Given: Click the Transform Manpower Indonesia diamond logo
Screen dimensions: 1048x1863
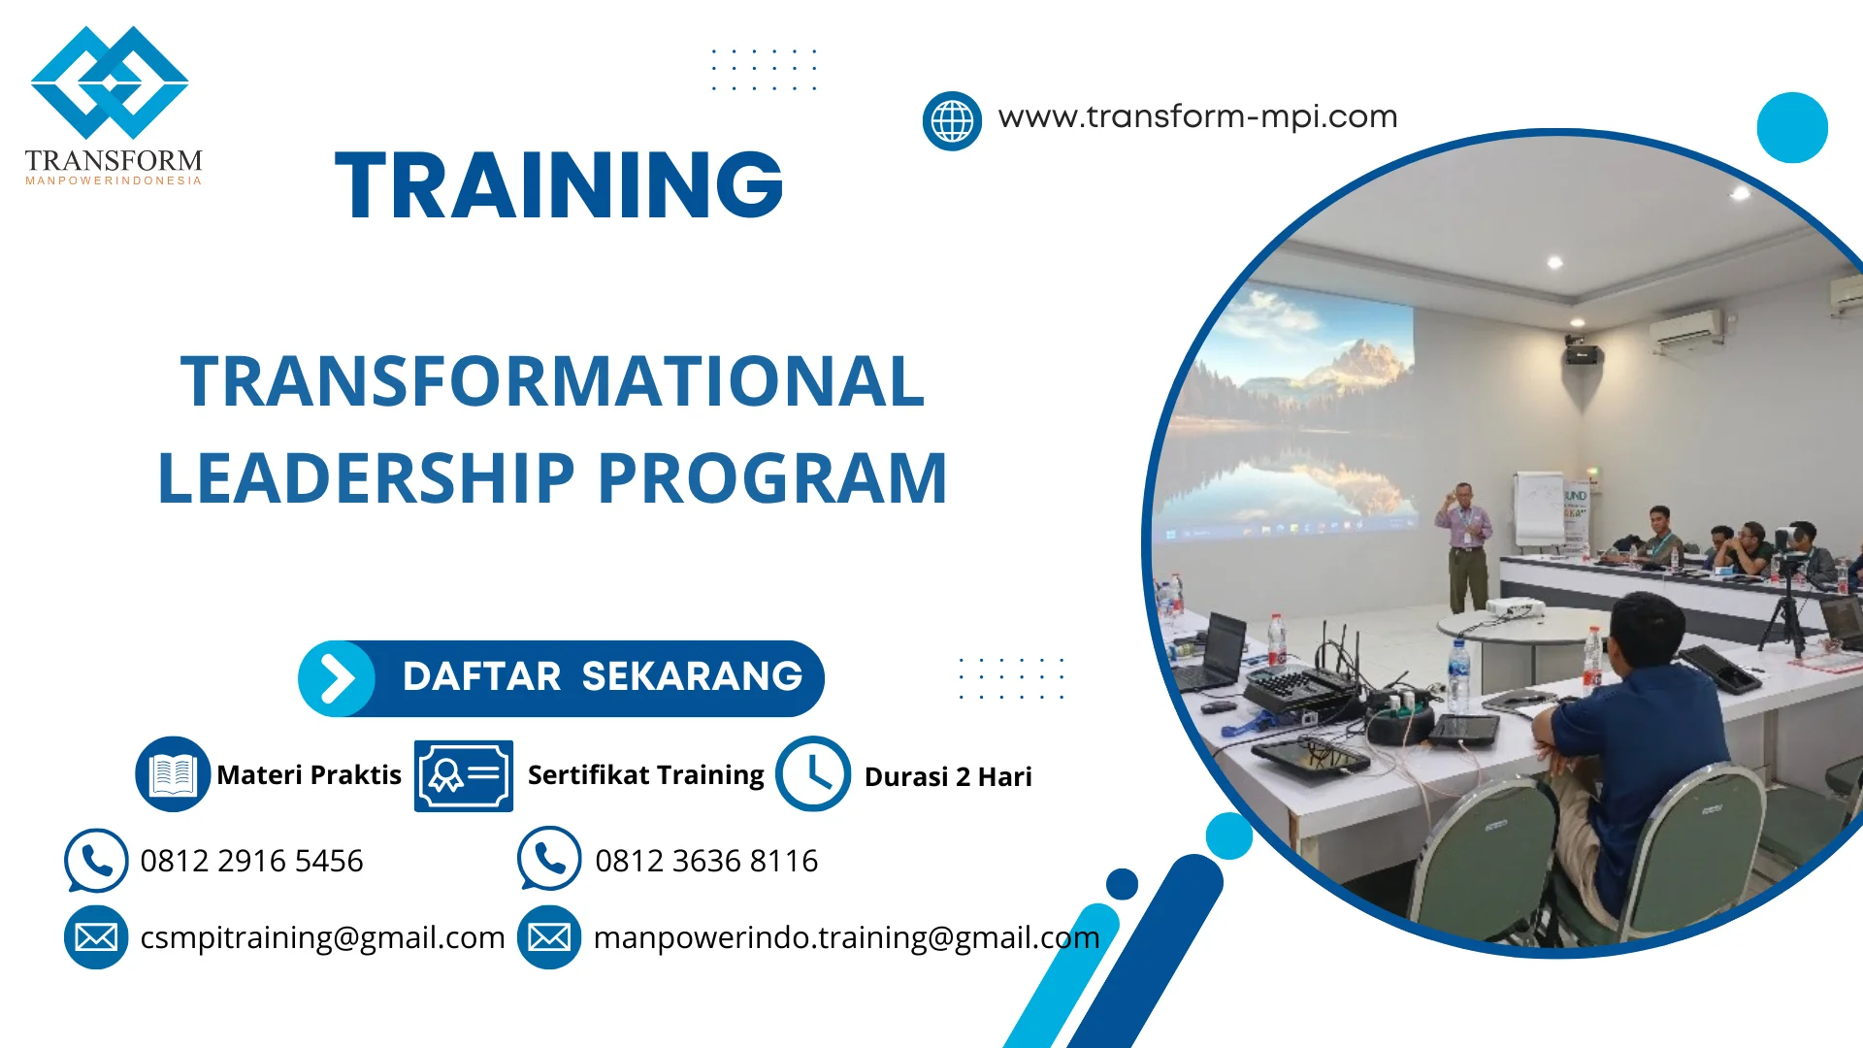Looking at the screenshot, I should tap(110, 83).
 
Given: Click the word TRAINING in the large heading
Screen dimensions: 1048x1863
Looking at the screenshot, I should tap(559, 185).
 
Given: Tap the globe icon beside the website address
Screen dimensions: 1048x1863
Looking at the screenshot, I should tap(952, 121).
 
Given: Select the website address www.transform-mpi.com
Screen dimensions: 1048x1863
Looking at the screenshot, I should tap(1197, 117).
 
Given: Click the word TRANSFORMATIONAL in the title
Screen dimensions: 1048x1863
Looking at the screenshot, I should tap(552, 381).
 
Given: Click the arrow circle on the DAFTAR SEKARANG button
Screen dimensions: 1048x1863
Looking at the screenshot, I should tap(336, 678).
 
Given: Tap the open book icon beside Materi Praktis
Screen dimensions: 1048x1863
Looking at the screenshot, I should tap(173, 774).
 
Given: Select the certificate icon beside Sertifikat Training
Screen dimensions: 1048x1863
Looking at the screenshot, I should tap(463, 775).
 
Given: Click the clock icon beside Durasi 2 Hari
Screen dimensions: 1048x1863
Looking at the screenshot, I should tap(813, 774).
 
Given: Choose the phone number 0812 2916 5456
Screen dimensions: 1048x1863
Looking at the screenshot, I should tap(251, 861).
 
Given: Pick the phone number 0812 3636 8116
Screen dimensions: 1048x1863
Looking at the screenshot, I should tap(705, 861).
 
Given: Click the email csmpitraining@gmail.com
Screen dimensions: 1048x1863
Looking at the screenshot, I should tap(322, 937).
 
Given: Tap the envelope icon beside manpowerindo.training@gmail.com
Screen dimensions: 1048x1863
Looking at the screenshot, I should tap(549, 937).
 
